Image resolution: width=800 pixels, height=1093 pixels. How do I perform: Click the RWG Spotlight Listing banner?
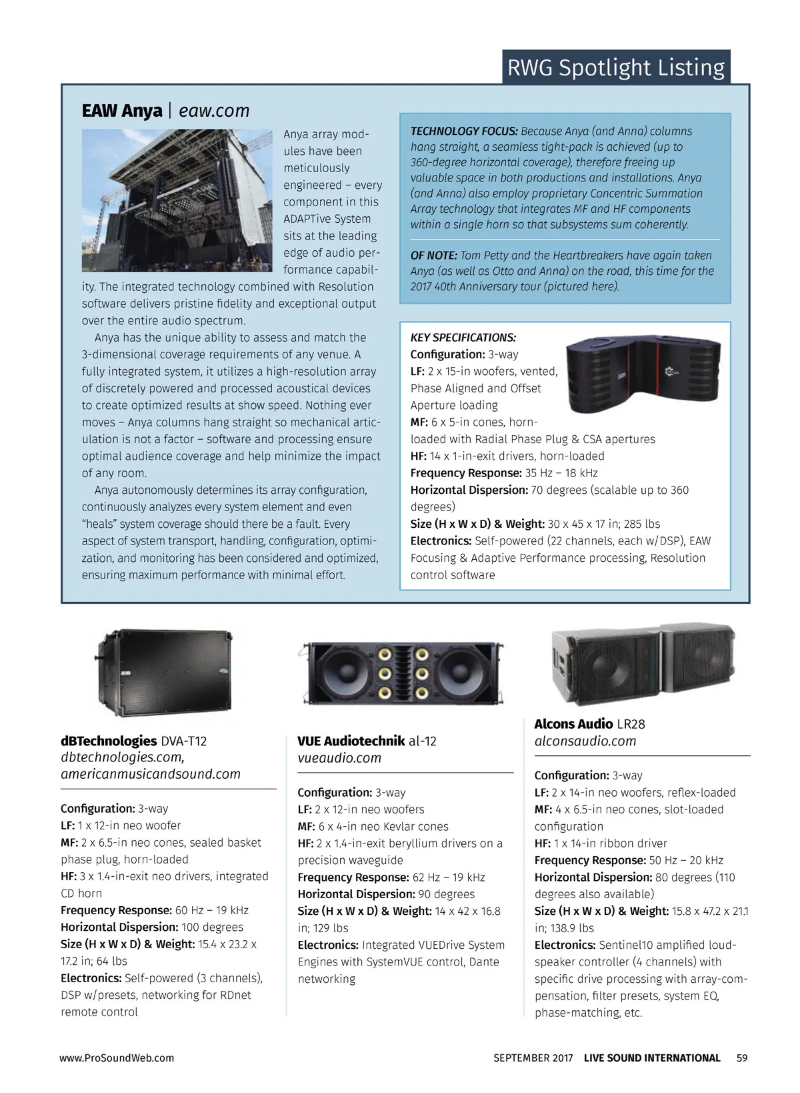[615, 67]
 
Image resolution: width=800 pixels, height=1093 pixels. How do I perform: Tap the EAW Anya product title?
[122, 111]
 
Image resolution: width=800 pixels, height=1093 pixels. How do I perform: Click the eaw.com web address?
[214, 111]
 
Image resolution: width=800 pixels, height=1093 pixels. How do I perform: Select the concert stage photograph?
[177, 200]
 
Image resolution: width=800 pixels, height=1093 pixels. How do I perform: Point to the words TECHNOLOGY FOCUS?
[463, 131]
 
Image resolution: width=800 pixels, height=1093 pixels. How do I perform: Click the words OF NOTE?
[433, 256]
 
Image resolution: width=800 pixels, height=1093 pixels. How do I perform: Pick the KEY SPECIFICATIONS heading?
[463, 338]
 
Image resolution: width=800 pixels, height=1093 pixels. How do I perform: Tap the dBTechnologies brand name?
[109, 741]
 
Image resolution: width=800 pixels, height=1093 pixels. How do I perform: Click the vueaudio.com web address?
[339, 758]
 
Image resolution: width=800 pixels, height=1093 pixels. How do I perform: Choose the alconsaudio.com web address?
[585, 741]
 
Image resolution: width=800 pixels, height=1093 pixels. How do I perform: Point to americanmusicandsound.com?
[151, 774]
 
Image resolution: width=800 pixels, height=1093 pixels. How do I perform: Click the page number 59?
[742, 1058]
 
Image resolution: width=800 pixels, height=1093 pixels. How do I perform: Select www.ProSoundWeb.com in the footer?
[117, 1058]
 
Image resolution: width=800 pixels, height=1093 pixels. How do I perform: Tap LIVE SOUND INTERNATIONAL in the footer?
[652, 1058]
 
